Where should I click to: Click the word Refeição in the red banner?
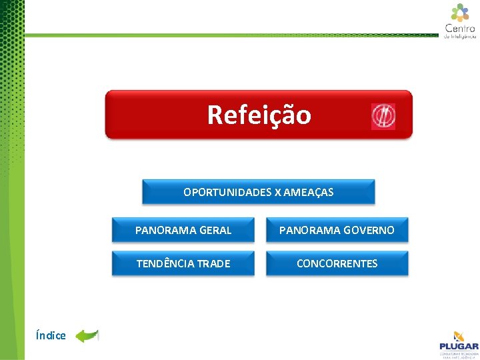259,115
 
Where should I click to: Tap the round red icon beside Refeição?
383,117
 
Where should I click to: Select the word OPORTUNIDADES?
227,193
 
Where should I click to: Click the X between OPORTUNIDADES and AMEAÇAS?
277,193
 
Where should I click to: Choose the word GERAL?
215,231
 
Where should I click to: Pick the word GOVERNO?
371,231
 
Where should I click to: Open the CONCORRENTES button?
337,264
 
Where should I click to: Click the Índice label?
51,336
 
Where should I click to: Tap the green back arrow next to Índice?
86,335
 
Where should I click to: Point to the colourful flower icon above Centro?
460,12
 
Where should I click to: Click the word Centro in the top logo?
460,28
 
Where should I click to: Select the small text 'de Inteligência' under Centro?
460,37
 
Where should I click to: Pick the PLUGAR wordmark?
459,346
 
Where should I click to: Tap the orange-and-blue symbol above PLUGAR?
459,336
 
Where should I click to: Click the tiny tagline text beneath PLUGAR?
459,354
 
